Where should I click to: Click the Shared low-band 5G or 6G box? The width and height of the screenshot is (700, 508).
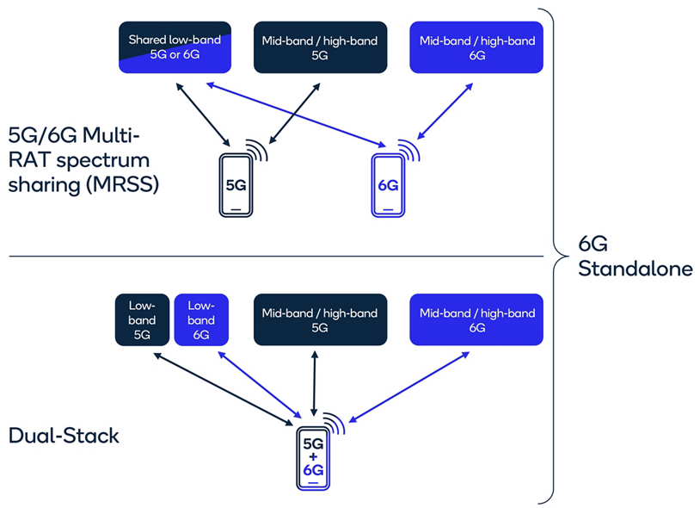tap(175, 47)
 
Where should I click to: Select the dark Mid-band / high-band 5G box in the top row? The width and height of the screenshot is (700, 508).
tap(319, 47)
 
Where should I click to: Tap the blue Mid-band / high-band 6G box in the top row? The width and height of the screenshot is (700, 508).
tap(476, 47)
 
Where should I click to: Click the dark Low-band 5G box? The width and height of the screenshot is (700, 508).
tap(142, 320)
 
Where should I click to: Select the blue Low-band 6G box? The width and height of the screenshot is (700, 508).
tap(200, 320)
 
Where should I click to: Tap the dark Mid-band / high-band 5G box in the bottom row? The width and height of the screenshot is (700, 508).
tap(319, 320)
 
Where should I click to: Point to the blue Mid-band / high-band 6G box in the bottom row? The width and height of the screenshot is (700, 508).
tap(476, 320)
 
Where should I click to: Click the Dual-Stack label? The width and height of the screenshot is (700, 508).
tap(64, 436)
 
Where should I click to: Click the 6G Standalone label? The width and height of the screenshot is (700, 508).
tap(635, 256)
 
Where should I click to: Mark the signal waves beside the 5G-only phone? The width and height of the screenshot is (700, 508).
tap(257, 152)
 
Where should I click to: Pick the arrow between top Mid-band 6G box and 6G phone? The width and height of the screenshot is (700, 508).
tap(444, 111)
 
